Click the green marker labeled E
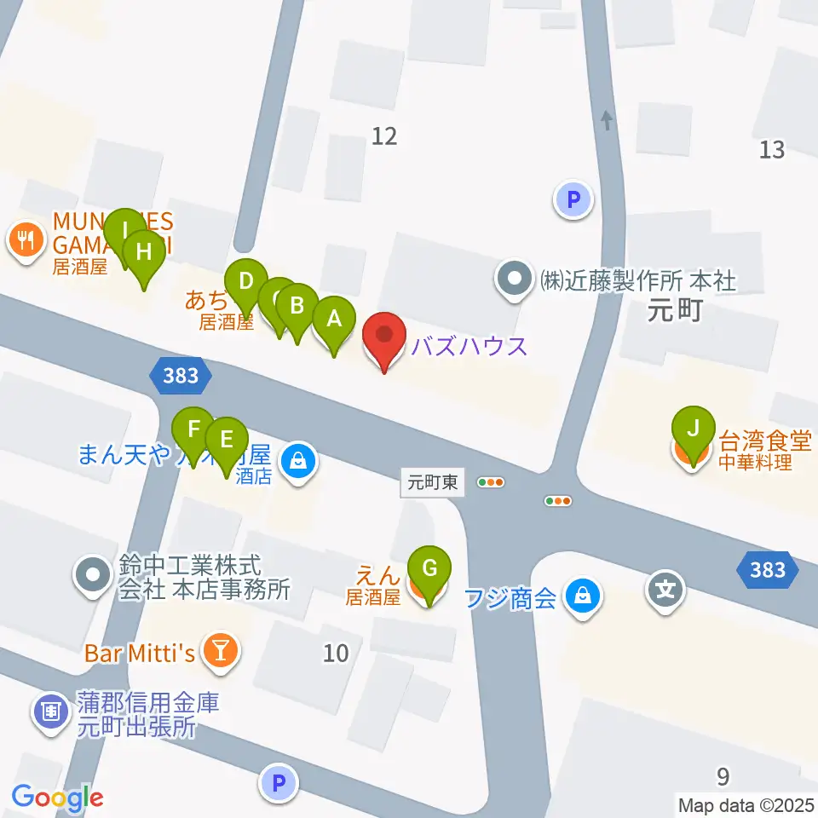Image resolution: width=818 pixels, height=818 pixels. (x=226, y=441)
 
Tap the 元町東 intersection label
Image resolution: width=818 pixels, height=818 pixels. (x=433, y=483)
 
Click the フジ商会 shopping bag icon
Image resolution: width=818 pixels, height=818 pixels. (x=582, y=596)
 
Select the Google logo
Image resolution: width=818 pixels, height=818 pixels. (x=57, y=798)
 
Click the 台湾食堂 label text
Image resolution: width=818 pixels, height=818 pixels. (x=765, y=441)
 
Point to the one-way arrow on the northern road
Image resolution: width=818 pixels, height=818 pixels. (x=606, y=120)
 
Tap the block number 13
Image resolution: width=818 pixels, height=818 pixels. (x=771, y=150)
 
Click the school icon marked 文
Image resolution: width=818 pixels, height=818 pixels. (x=665, y=588)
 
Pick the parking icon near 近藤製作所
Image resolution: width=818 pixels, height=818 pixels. (x=573, y=201)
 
